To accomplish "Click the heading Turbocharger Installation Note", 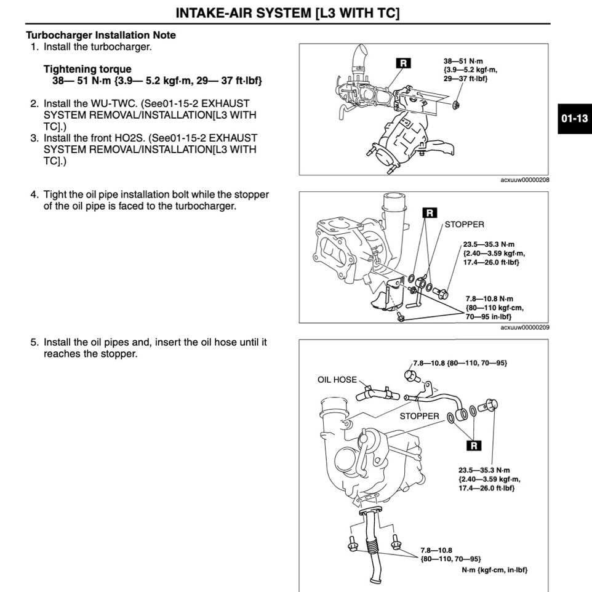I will (x=100, y=35).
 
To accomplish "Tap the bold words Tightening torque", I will (x=87, y=69).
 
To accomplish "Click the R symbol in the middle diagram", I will (x=430, y=213).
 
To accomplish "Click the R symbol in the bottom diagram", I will (x=474, y=445).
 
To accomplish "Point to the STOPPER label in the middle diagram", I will (x=464, y=225).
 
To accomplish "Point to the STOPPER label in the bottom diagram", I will (x=419, y=416).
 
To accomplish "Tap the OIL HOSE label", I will (x=337, y=380).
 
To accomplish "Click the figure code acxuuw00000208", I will (x=525, y=180).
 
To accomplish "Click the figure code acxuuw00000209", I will (x=525, y=327).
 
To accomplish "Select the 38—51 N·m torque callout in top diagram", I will (x=470, y=70).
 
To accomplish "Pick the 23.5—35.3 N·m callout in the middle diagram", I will (x=494, y=253).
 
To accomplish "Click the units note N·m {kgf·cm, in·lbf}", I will (x=494, y=570).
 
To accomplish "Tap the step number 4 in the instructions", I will (x=34, y=194).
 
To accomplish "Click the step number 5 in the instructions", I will (x=34, y=342).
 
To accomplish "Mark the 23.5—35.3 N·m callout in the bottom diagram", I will (x=487, y=479).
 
